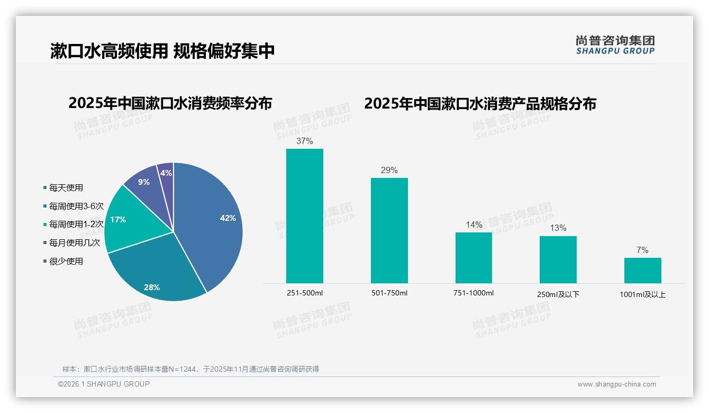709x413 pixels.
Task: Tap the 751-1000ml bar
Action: [474, 258]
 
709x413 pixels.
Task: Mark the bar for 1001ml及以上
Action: [642, 271]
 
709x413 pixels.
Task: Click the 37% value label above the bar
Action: [305, 141]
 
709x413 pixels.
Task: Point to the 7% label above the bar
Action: [642, 250]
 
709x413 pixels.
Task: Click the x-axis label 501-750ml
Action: [389, 293]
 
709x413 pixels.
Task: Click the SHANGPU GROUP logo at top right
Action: [615, 45]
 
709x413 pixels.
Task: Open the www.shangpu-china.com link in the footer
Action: [616, 384]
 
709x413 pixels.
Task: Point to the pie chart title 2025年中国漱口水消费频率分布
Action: [170, 103]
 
